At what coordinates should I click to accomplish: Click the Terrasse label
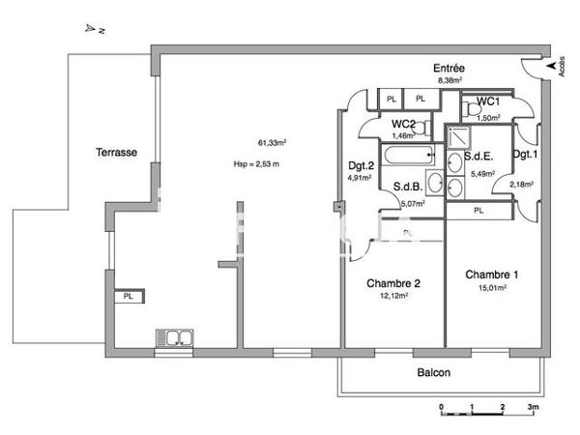115,152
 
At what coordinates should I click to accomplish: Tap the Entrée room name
449,69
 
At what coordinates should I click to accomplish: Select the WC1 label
487,101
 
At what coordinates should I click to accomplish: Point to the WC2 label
404,124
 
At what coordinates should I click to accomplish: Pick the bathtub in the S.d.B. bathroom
400,155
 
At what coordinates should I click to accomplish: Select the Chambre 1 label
491,274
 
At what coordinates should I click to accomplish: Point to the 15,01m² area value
492,287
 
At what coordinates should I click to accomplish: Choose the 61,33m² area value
272,142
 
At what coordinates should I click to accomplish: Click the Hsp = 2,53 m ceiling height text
256,163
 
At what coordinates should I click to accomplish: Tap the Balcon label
433,372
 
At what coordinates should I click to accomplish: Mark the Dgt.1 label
525,155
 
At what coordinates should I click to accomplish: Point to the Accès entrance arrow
552,66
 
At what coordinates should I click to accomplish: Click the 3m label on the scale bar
532,409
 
